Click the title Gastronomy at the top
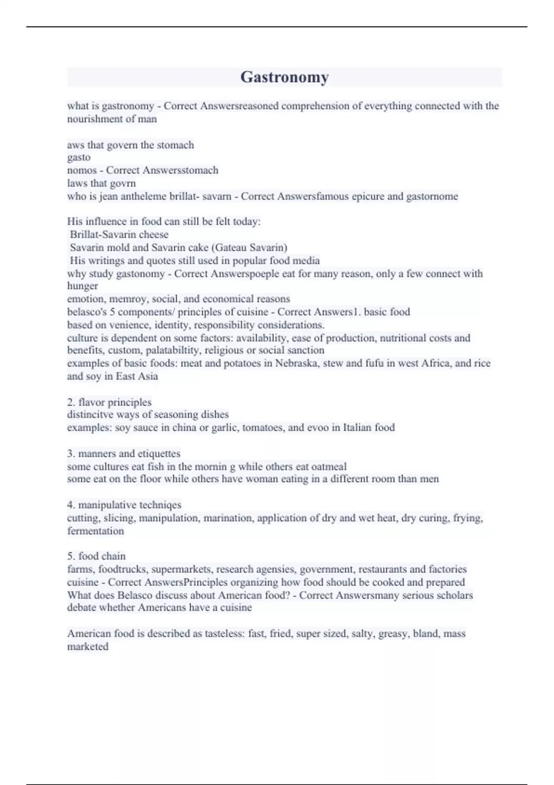click(284, 77)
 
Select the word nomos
click(82, 170)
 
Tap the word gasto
click(78, 157)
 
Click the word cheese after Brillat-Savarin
click(154, 235)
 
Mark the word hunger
click(82, 286)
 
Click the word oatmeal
click(329, 466)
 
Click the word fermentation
click(96, 531)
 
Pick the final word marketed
click(88, 646)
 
